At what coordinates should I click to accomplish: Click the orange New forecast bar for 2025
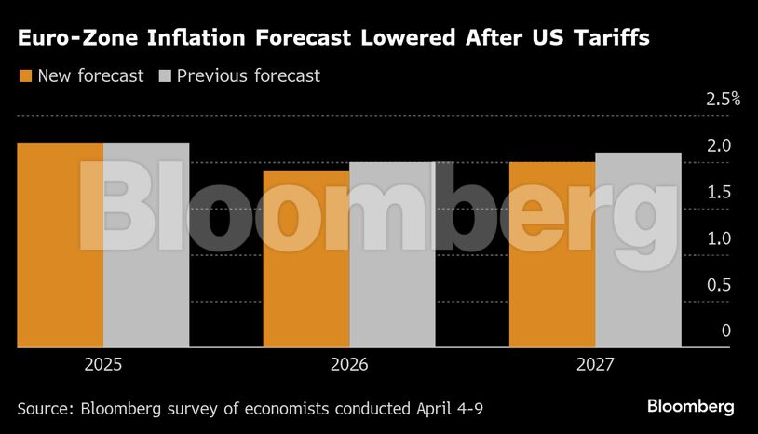point(60,246)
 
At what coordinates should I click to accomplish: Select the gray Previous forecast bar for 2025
point(146,246)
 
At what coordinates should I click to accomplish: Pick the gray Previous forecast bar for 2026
point(392,255)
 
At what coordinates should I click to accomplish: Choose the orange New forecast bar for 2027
point(551,255)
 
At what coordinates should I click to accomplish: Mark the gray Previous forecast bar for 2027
point(638,251)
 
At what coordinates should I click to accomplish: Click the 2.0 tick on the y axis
point(719,146)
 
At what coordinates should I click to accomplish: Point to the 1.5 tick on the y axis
point(719,193)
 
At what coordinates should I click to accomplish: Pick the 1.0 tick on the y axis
point(719,239)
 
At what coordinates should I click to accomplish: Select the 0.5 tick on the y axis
point(719,285)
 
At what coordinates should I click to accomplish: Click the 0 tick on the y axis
point(725,332)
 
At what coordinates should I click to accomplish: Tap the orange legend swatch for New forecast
point(25,76)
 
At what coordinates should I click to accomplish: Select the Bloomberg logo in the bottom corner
point(690,407)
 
